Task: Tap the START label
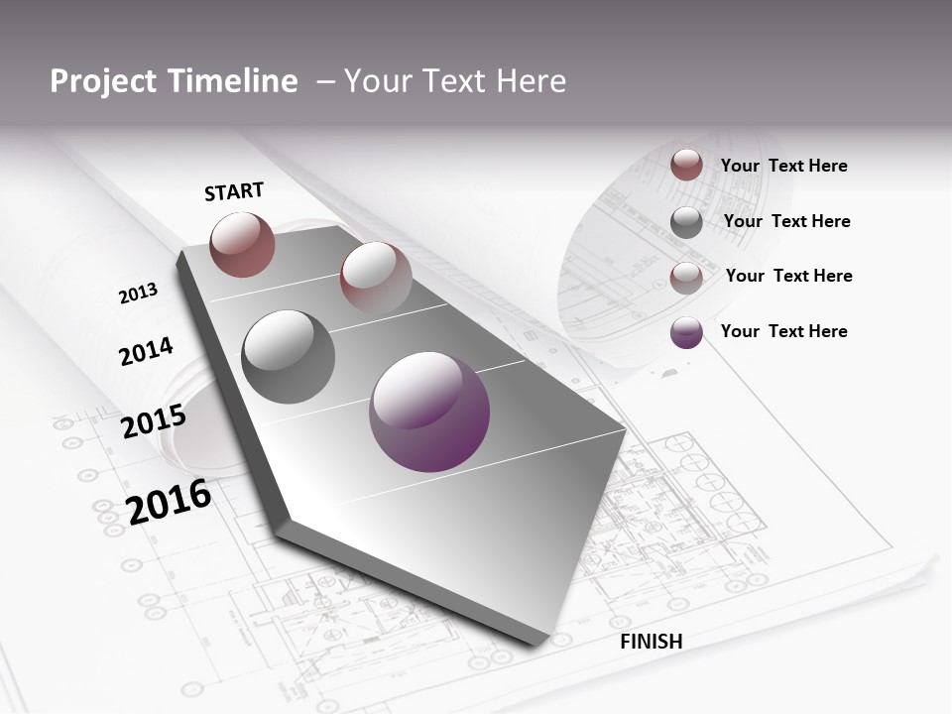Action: pos(234,191)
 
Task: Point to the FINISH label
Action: pos(652,642)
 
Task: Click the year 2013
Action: pos(139,294)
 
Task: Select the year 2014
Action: pos(147,352)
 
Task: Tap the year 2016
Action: pos(169,501)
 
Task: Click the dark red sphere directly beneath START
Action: pos(242,244)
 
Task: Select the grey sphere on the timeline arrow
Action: pos(289,357)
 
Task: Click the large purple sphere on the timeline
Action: pos(429,412)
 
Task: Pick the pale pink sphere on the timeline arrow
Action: pos(376,277)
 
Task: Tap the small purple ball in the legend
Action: pos(686,332)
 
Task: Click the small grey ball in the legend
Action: pos(686,222)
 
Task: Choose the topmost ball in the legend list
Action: pos(686,165)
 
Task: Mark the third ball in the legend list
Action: pos(686,278)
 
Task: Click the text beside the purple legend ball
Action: pos(784,331)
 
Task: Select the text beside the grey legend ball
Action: pos(787,221)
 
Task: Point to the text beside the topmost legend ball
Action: pos(784,166)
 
